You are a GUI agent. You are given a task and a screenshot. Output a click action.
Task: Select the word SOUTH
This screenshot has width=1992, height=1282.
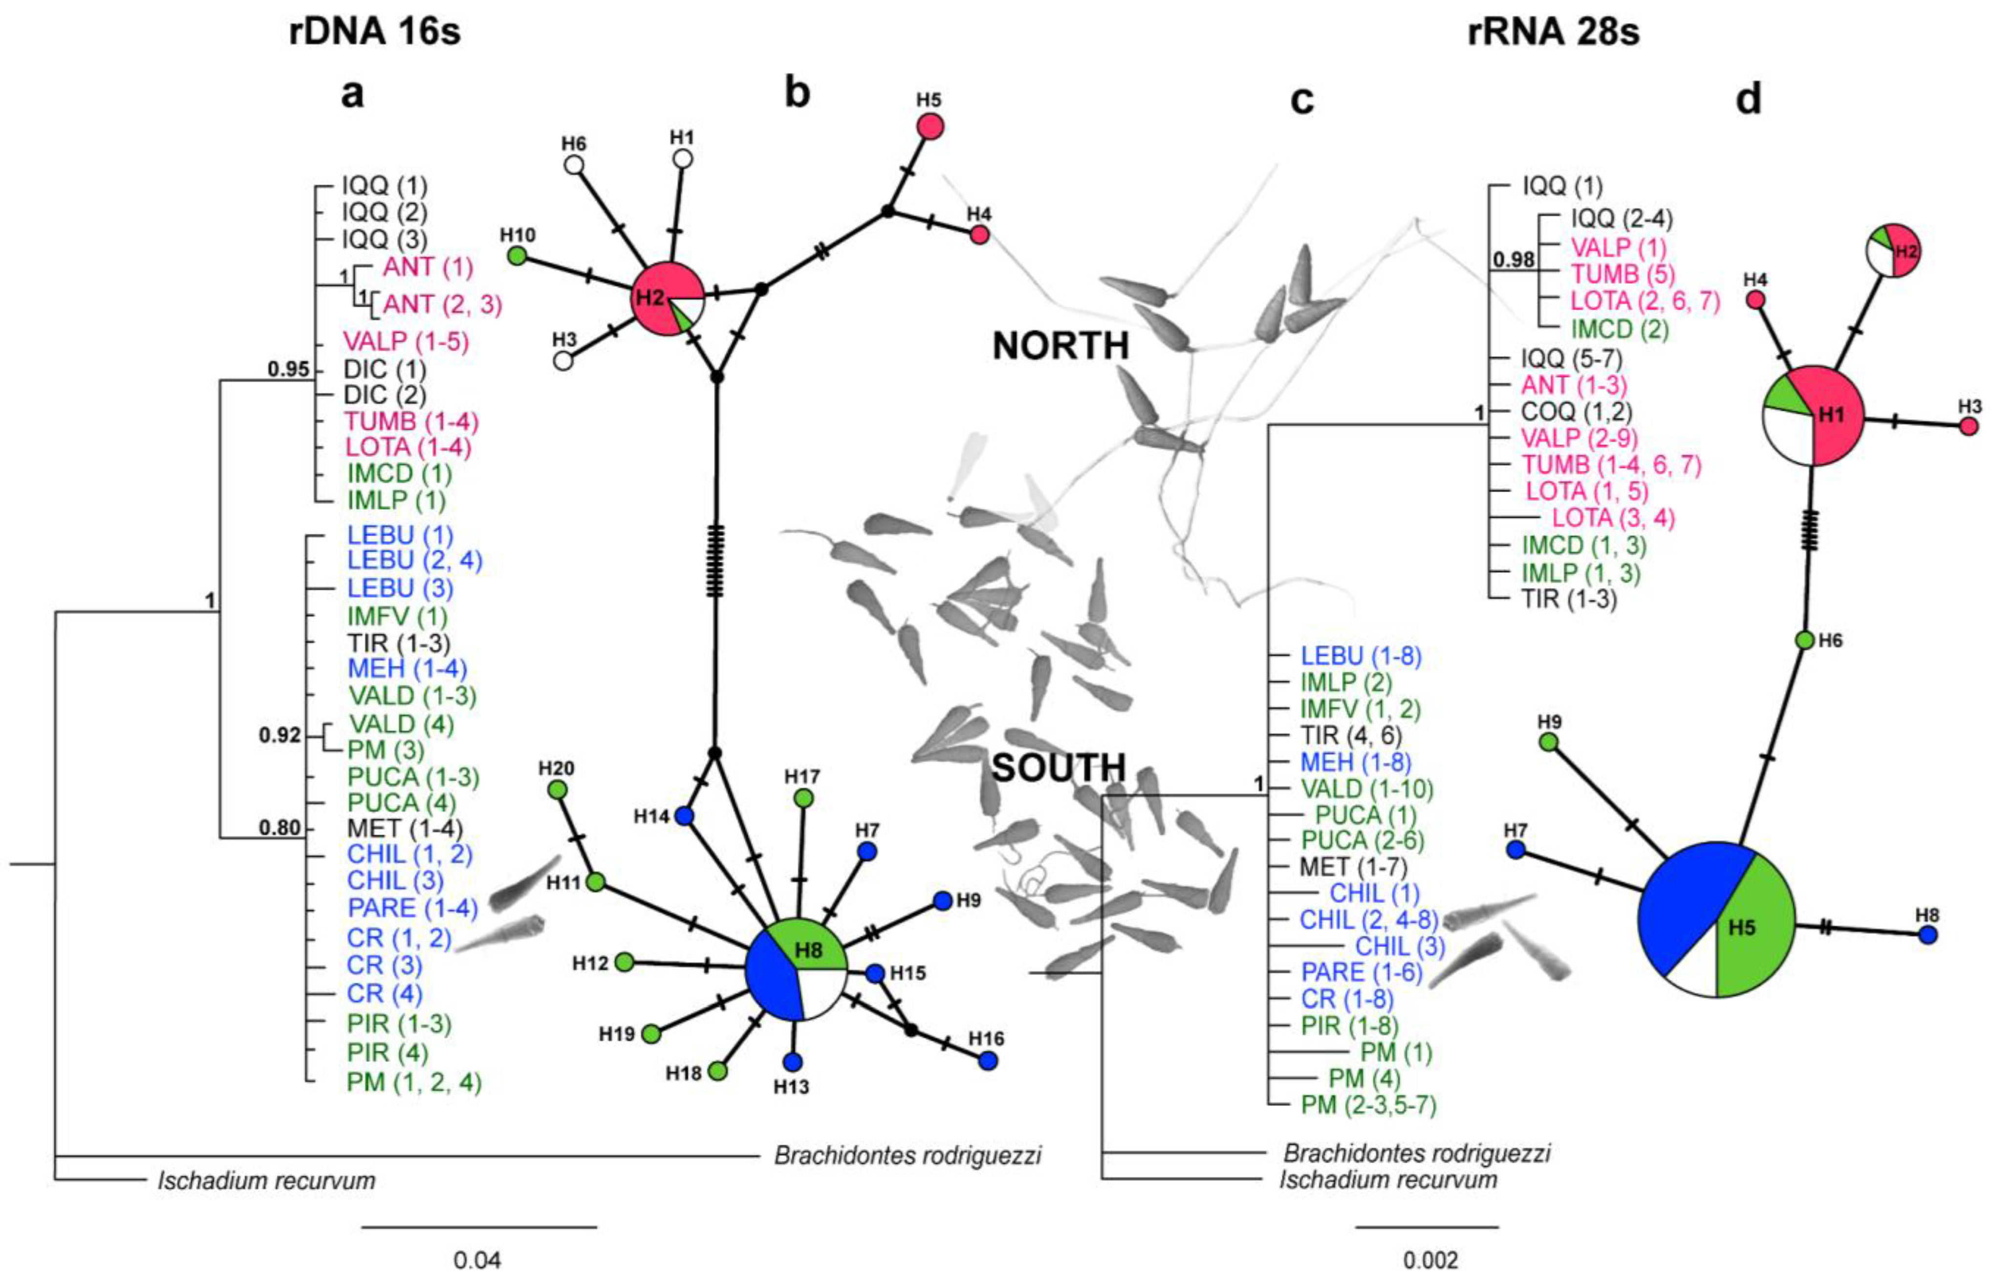coord(1059,767)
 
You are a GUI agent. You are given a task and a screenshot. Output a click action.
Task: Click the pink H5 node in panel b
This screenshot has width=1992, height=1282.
coord(930,127)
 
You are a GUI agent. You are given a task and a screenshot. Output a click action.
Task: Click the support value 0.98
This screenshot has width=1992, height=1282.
coord(1513,260)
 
